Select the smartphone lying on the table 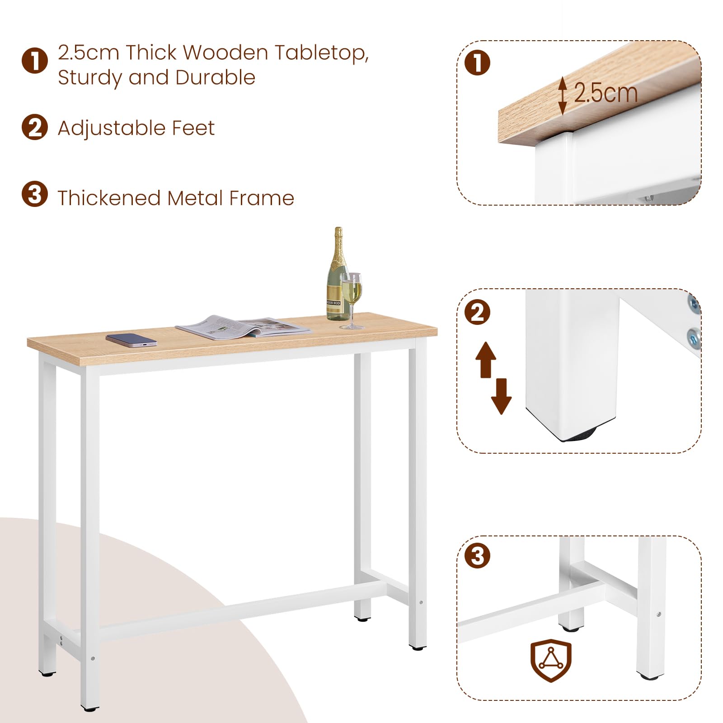point(131,340)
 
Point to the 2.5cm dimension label point(606,94)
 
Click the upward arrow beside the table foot point(486,360)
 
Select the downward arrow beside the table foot point(501,396)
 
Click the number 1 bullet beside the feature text point(35,61)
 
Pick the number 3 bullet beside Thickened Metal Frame point(35,194)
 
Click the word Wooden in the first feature point(225,52)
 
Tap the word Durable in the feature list point(216,77)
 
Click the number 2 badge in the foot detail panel point(478,312)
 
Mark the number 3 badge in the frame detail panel point(478,556)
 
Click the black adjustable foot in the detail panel point(580,435)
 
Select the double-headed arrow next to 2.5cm point(562,95)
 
